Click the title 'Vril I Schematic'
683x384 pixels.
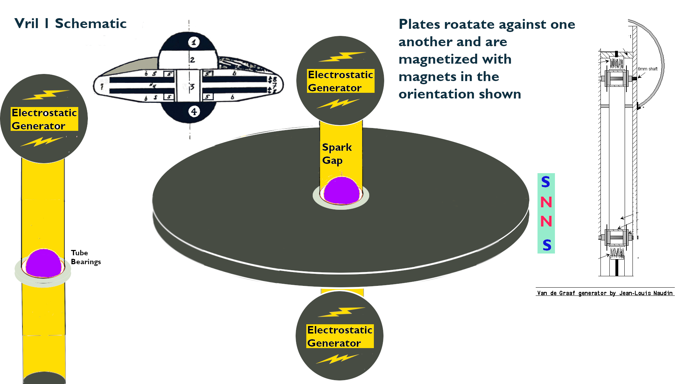tap(70, 23)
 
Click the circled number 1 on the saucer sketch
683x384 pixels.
tap(194, 42)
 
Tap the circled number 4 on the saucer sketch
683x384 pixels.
tap(194, 112)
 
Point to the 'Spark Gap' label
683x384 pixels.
tap(337, 154)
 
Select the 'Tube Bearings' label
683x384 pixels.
tap(86, 257)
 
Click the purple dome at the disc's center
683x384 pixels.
tap(341, 191)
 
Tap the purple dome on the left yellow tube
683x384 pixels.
tap(43, 263)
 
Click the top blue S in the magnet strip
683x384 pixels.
tap(546, 182)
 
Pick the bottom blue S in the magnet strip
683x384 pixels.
tap(547, 245)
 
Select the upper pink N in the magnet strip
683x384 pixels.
tap(546, 202)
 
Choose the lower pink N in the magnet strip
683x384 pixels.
tap(546, 222)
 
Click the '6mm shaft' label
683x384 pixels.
tap(647, 69)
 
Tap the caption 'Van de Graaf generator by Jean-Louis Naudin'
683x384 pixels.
tap(605, 293)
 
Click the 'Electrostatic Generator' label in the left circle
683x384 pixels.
tap(44, 119)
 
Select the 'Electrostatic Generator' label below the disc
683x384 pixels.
tap(340, 336)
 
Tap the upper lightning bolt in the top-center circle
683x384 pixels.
tap(342, 57)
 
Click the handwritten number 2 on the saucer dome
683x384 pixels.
tap(192, 60)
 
